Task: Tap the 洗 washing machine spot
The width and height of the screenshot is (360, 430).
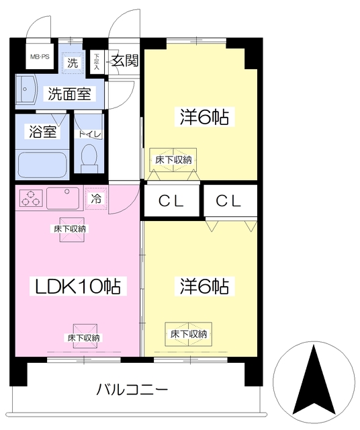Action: pyautogui.click(x=71, y=63)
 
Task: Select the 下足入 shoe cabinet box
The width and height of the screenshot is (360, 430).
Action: pyautogui.click(x=97, y=61)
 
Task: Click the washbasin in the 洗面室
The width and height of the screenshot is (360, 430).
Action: pyautogui.click(x=28, y=90)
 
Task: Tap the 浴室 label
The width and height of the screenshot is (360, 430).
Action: pyautogui.click(x=42, y=132)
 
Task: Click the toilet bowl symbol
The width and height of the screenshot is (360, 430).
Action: pyautogui.click(x=89, y=157)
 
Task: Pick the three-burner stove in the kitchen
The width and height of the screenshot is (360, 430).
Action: pyautogui.click(x=32, y=198)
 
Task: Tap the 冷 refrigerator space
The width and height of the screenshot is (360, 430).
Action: pyautogui.click(x=96, y=198)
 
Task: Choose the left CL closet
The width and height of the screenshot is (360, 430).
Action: pyautogui.click(x=172, y=200)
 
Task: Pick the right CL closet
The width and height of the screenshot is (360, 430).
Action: pyautogui.click(x=230, y=200)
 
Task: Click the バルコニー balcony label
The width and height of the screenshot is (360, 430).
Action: pyautogui.click(x=132, y=389)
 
